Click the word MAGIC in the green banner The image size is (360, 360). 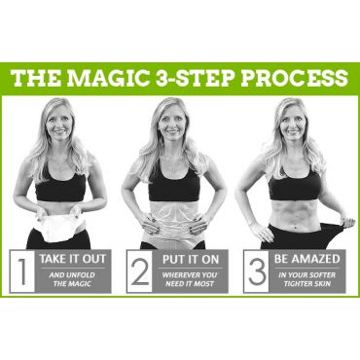pos(108,78)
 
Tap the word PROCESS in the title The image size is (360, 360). pos(294,78)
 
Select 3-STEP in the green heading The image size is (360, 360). pos(195,78)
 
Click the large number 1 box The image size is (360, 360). pos(22,271)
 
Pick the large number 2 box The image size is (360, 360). pos(140,271)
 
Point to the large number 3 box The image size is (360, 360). pos(257,271)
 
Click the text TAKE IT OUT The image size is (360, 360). pos(73,259)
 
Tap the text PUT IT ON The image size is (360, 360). pos(191,260)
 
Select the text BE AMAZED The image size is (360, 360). pos(306,259)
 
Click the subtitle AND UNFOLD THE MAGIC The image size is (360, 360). pos(72,279)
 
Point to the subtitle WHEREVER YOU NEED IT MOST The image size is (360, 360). pos(190,279)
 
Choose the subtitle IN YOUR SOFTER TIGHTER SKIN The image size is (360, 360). pos(306,279)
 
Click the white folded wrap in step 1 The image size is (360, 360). pos(59,227)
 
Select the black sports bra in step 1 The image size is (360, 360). pos(60,188)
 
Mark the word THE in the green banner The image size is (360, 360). pos(36,78)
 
